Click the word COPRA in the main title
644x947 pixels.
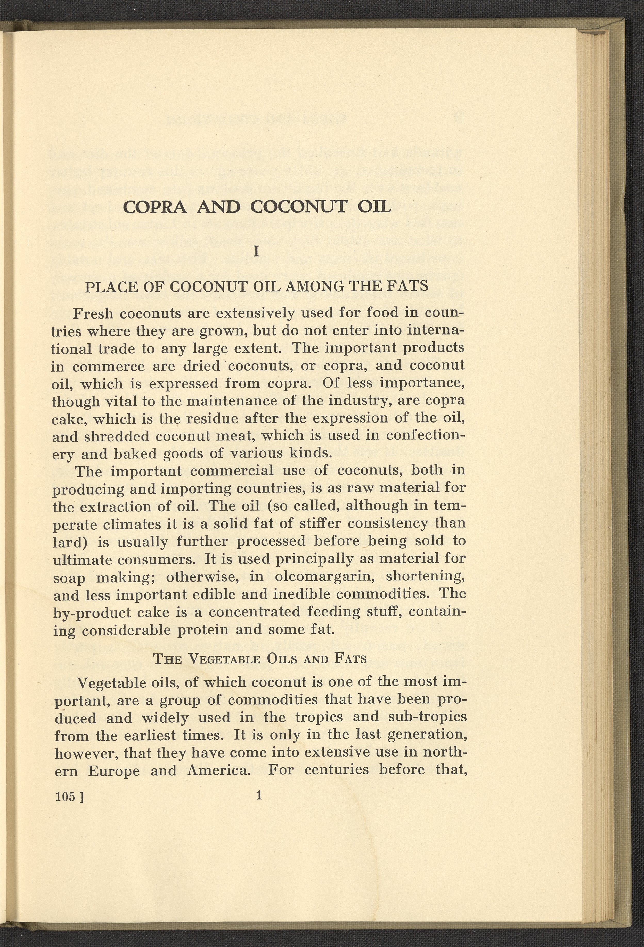tap(155, 208)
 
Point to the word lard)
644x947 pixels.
tap(71, 542)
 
